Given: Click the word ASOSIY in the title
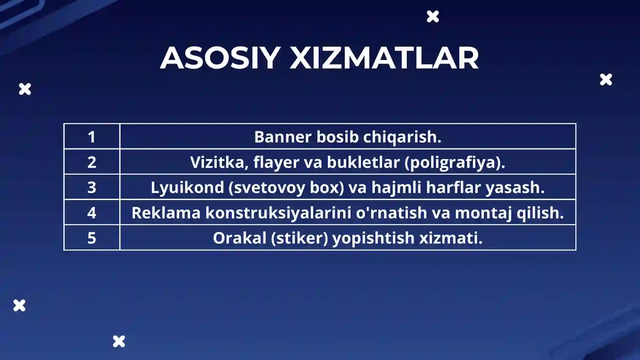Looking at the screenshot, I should pyautogui.click(x=220, y=58).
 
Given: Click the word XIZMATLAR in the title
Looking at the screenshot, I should pyautogui.click(x=384, y=58).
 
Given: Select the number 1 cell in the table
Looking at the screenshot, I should pyautogui.click(x=92, y=137).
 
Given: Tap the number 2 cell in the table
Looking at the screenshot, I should pyautogui.click(x=92, y=162).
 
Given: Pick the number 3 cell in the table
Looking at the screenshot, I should pyautogui.click(x=92, y=187).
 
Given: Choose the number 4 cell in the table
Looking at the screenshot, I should pyautogui.click(x=92, y=212).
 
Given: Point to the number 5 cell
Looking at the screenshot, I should pyautogui.click(x=92, y=238).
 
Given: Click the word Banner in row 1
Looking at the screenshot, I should pyautogui.click(x=282, y=137).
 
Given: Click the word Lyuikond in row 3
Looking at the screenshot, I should pyautogui.click(x=187, y=187).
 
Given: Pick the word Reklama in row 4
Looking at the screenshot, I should pyautogui.click(x=166, y=212).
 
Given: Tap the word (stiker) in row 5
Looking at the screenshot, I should pyautogui.click(x=299, y=238).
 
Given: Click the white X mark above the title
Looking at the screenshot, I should pyautogui.click(x=433, y=16).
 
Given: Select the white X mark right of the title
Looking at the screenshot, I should pyautogui.click(x=606, y=80).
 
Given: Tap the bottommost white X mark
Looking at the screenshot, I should pyautogui.click(x=119, y=341).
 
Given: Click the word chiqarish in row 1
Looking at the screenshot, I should pyautogui.click(x=402, y=137).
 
